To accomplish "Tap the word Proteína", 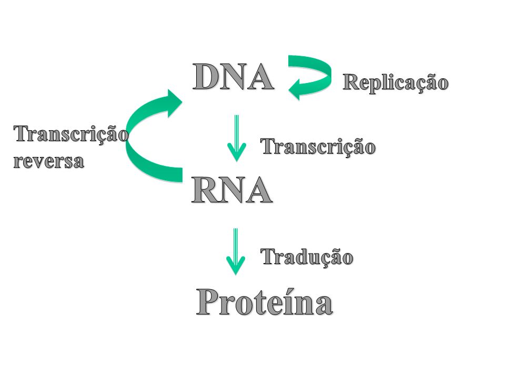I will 265,303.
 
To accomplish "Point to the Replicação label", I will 396,83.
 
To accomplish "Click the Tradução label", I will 307,257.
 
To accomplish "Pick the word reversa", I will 48,161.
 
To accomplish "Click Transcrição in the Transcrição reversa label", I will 70,135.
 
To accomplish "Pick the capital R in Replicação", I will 352,82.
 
